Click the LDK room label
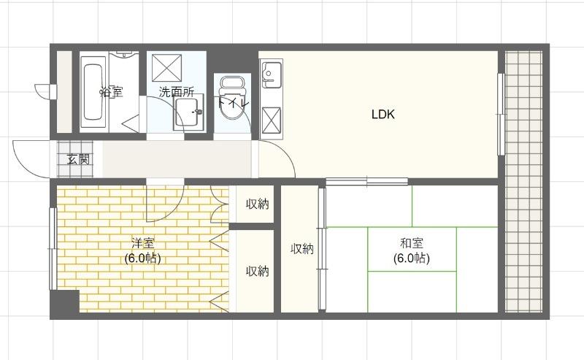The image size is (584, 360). pyautogui.click(x=383, y=115)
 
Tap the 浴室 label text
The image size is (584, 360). pyautogui.click(x=111, y=92)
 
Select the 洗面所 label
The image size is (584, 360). pyautogui.click(x=177, y=92)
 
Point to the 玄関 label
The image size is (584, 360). pyautogui.click(x=79, y=159)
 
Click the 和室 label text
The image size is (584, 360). pyautogui.click(x=411, y=244)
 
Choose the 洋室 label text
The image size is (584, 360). pyautogui.click(x=142, y=244)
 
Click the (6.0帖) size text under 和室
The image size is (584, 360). pyautogui.click(x=411, y=258)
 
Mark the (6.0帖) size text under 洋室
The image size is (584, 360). pyautogui.click(x=142, y=258)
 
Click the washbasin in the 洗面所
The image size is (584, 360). pyautogui.click(x=188, y=113)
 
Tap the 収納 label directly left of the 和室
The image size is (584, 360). pyautogui.click(x=302, y=249)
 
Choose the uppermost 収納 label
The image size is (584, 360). pyautogui.click(x=257, y=204)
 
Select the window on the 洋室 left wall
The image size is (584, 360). pyautogui.click(x=53, y=248)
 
